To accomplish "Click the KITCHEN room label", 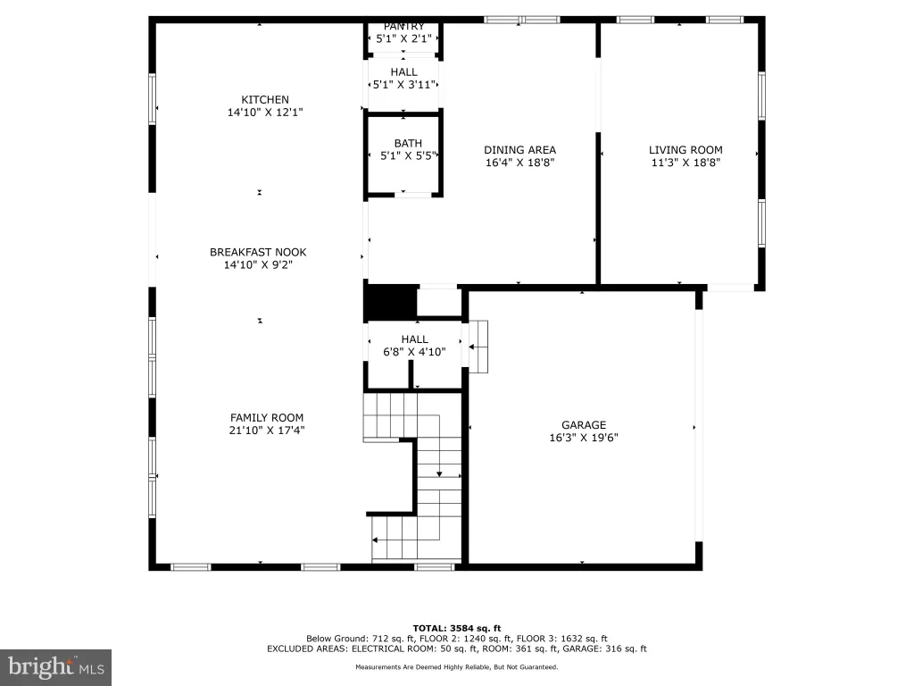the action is point(264,100).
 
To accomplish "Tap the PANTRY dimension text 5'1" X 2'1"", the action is point(404,39).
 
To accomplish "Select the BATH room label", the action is point(408,143).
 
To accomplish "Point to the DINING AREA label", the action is point(520,150).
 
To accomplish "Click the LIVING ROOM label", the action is point(685,150).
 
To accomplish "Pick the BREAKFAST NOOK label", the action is point(258,252).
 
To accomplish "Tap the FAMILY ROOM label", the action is point(266,418).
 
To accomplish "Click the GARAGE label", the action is point(584,425).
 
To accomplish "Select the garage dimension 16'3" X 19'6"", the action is point(584,438).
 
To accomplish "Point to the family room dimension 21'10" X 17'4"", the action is point(266,431).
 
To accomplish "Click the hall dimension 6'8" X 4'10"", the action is point(414,352).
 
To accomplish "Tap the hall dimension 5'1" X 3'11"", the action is point(404,85).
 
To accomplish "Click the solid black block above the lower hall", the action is point(391,302).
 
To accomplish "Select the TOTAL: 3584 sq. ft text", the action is point(457,628).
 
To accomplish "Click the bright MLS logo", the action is point(56,667).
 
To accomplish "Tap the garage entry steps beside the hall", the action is point(478,347).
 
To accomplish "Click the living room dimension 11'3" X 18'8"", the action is point(685,163).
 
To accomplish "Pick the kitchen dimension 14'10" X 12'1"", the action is point(264,112).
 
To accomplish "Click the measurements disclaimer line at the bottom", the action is point(457,666).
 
